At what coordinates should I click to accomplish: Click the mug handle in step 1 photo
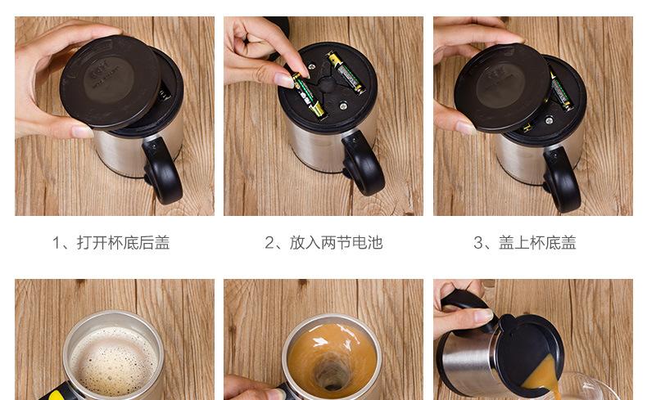point(164,170)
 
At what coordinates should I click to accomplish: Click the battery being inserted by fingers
point(309,96)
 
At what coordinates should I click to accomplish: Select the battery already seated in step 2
point(346,73)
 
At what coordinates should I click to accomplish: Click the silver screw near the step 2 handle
point(343,106)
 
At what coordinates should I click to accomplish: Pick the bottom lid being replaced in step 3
point(503,88)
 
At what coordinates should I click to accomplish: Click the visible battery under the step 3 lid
point(562,92)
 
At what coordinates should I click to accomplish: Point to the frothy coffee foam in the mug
point(114,362)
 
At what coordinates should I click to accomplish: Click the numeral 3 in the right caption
point(478,243)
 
